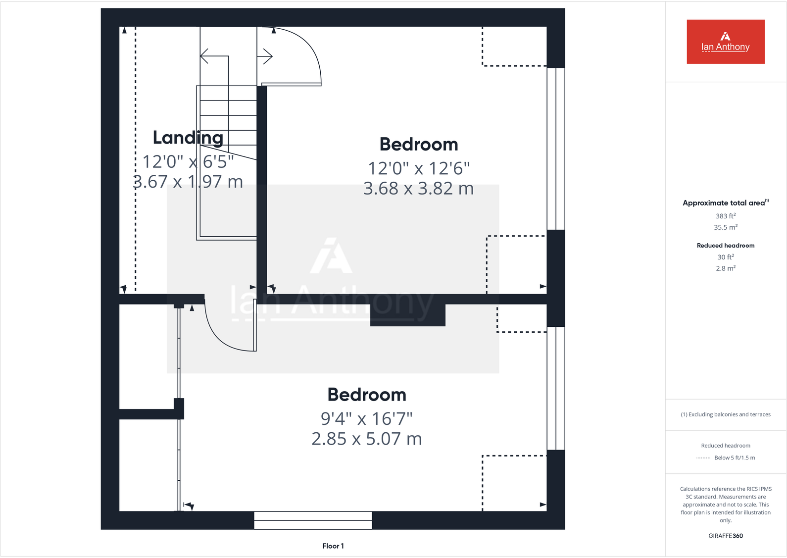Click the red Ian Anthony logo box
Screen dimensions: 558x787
725,42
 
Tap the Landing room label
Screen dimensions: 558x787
188,138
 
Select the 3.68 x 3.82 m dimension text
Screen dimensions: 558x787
418,189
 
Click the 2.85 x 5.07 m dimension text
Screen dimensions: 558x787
366,439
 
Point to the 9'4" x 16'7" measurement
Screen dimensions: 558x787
366,419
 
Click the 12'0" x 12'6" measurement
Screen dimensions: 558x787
418,168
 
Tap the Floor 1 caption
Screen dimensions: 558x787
333,546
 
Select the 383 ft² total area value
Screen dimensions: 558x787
725,216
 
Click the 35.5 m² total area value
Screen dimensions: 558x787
725,227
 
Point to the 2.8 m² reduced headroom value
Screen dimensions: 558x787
725,268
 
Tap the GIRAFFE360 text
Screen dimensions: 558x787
725,536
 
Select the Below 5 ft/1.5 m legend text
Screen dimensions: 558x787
734,457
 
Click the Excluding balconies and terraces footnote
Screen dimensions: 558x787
725,414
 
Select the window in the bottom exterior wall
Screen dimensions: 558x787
313,520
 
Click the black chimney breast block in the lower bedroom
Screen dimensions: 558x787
407,315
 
